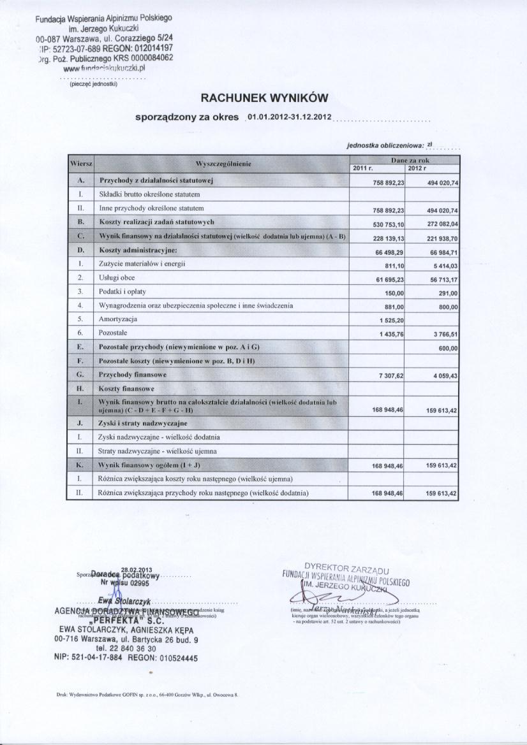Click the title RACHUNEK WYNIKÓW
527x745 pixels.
(x=264, y=98)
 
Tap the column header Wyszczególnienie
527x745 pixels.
(x=223, y=164)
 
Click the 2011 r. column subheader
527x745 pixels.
(x=362, y=168)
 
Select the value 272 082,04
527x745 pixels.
(x=442, y=224)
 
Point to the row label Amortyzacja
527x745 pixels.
(x=118, y=318)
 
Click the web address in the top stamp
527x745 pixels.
(x=109, y=67)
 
